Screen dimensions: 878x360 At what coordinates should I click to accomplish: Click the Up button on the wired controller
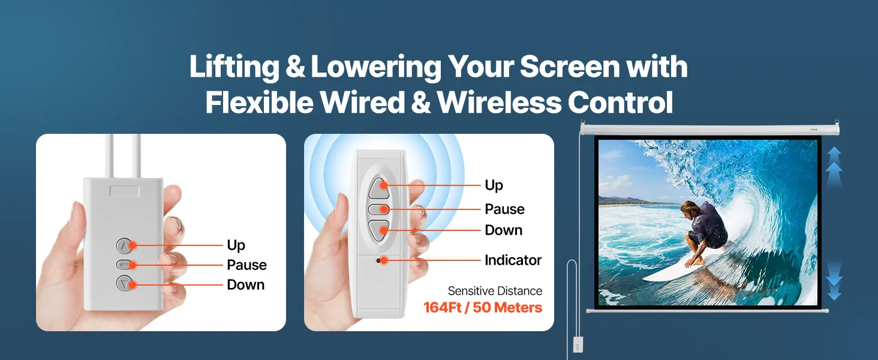[124, 246]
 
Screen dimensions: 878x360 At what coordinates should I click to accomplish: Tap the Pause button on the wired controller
[124, 265]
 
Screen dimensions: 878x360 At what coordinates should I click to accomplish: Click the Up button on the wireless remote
[378, 188]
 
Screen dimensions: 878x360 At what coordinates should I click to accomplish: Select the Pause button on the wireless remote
[378, 209]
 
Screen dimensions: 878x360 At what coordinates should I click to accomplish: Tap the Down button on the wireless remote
[378, 230]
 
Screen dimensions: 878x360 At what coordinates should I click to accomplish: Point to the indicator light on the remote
[378, 260]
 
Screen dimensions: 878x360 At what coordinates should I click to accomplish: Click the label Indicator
[513, 260]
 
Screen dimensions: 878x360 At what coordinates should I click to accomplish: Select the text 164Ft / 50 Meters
[483, 307]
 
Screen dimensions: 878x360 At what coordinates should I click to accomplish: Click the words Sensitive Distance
[495, 291]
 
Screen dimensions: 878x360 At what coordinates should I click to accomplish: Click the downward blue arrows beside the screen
[834, 281]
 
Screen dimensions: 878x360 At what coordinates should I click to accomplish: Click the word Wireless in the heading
[500, 103]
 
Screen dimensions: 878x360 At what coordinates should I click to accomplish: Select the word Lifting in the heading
[234, 67]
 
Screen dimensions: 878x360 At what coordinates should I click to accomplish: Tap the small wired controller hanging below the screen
[578, 344]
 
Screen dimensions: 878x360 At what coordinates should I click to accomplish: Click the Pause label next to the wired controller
[246, 265]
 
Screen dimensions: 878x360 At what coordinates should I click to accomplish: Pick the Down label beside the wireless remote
[504, 230]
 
